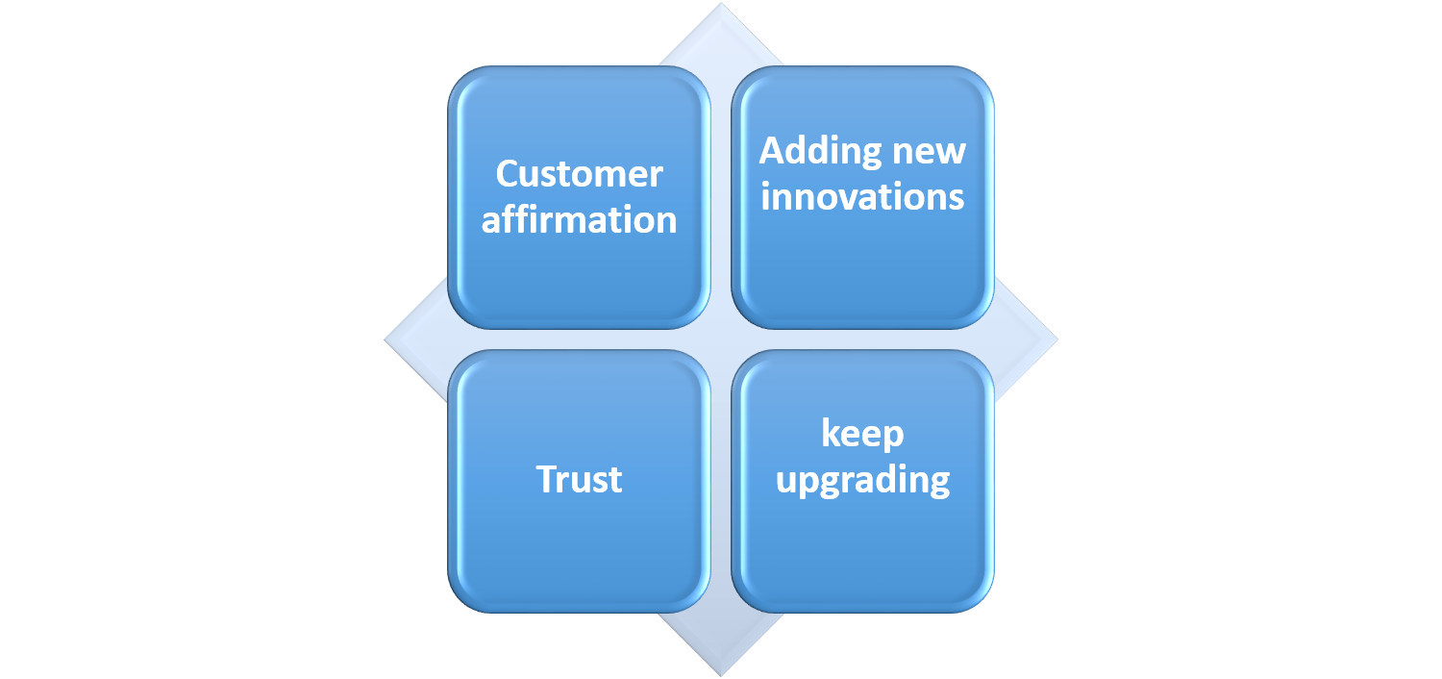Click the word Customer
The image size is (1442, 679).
(x=579, y=174)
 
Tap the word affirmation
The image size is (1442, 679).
(x=579, y=220)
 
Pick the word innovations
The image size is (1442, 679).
(x=862, y=196)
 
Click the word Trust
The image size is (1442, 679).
(x=579, y=479)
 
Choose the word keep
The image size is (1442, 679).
(x=862, y=434)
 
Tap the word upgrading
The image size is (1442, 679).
(x=862, y=480)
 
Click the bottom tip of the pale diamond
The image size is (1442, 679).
(x=721, y=672)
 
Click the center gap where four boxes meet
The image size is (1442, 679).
(x=721, y=339)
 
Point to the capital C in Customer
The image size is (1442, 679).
(x=508, y=174)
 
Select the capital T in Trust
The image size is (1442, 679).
(x=547, y=479)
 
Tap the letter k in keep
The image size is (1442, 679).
(x=829, y=433)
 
